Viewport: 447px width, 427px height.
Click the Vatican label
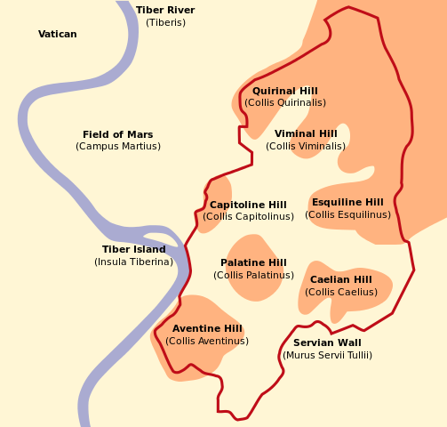(58, 35)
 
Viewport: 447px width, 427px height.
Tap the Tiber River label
(165, 11)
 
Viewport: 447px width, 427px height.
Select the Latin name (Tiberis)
(165, 22)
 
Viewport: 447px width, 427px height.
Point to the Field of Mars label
(117, 135)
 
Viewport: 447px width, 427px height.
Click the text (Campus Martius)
(117, 147)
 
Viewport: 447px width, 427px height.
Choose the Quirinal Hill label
(284, 92)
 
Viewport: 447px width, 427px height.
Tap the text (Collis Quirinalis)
(284, 103)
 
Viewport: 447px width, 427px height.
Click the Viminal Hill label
(306, 134)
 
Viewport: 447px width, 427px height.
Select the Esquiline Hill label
(347, 203)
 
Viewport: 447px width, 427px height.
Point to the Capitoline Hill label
(248, 205)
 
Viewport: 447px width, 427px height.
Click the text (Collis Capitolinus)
(248, 217)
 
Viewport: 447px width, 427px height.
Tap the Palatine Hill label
(253, 263)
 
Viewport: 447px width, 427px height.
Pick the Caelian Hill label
(341, 280)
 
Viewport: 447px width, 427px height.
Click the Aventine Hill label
(207, 329)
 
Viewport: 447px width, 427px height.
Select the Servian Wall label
(327, 343)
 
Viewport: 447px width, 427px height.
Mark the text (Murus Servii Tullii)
(327, 356)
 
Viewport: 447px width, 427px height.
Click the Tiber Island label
(133, 250)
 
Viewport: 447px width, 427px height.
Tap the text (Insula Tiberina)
(133, 262)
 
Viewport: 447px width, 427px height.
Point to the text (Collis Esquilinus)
(347, 215)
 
